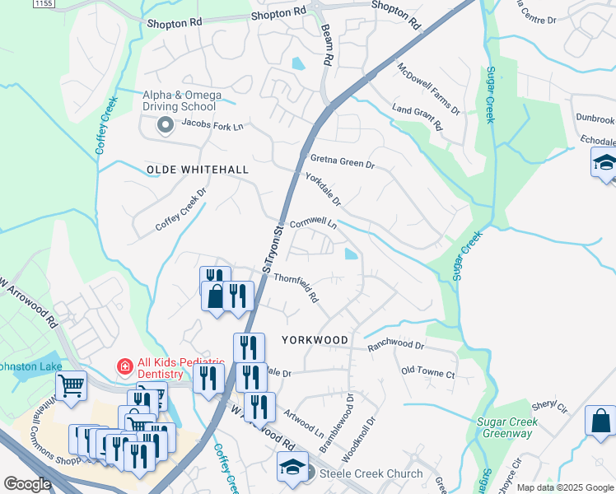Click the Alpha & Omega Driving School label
click(181, 100)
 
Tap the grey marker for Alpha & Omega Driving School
click(165, 125)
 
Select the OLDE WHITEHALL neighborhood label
click(197, 170)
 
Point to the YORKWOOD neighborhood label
click(315, 339)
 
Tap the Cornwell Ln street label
click(314, 223)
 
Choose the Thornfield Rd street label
click(296, 287)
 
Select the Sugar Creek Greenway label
click(507, 427)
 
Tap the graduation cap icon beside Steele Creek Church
click(292, 468)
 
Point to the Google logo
click(27, 484)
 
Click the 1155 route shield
click(44, 4)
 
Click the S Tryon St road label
click(272, 247)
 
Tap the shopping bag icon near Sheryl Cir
click(600, 421)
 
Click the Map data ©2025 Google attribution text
click(564, 487)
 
